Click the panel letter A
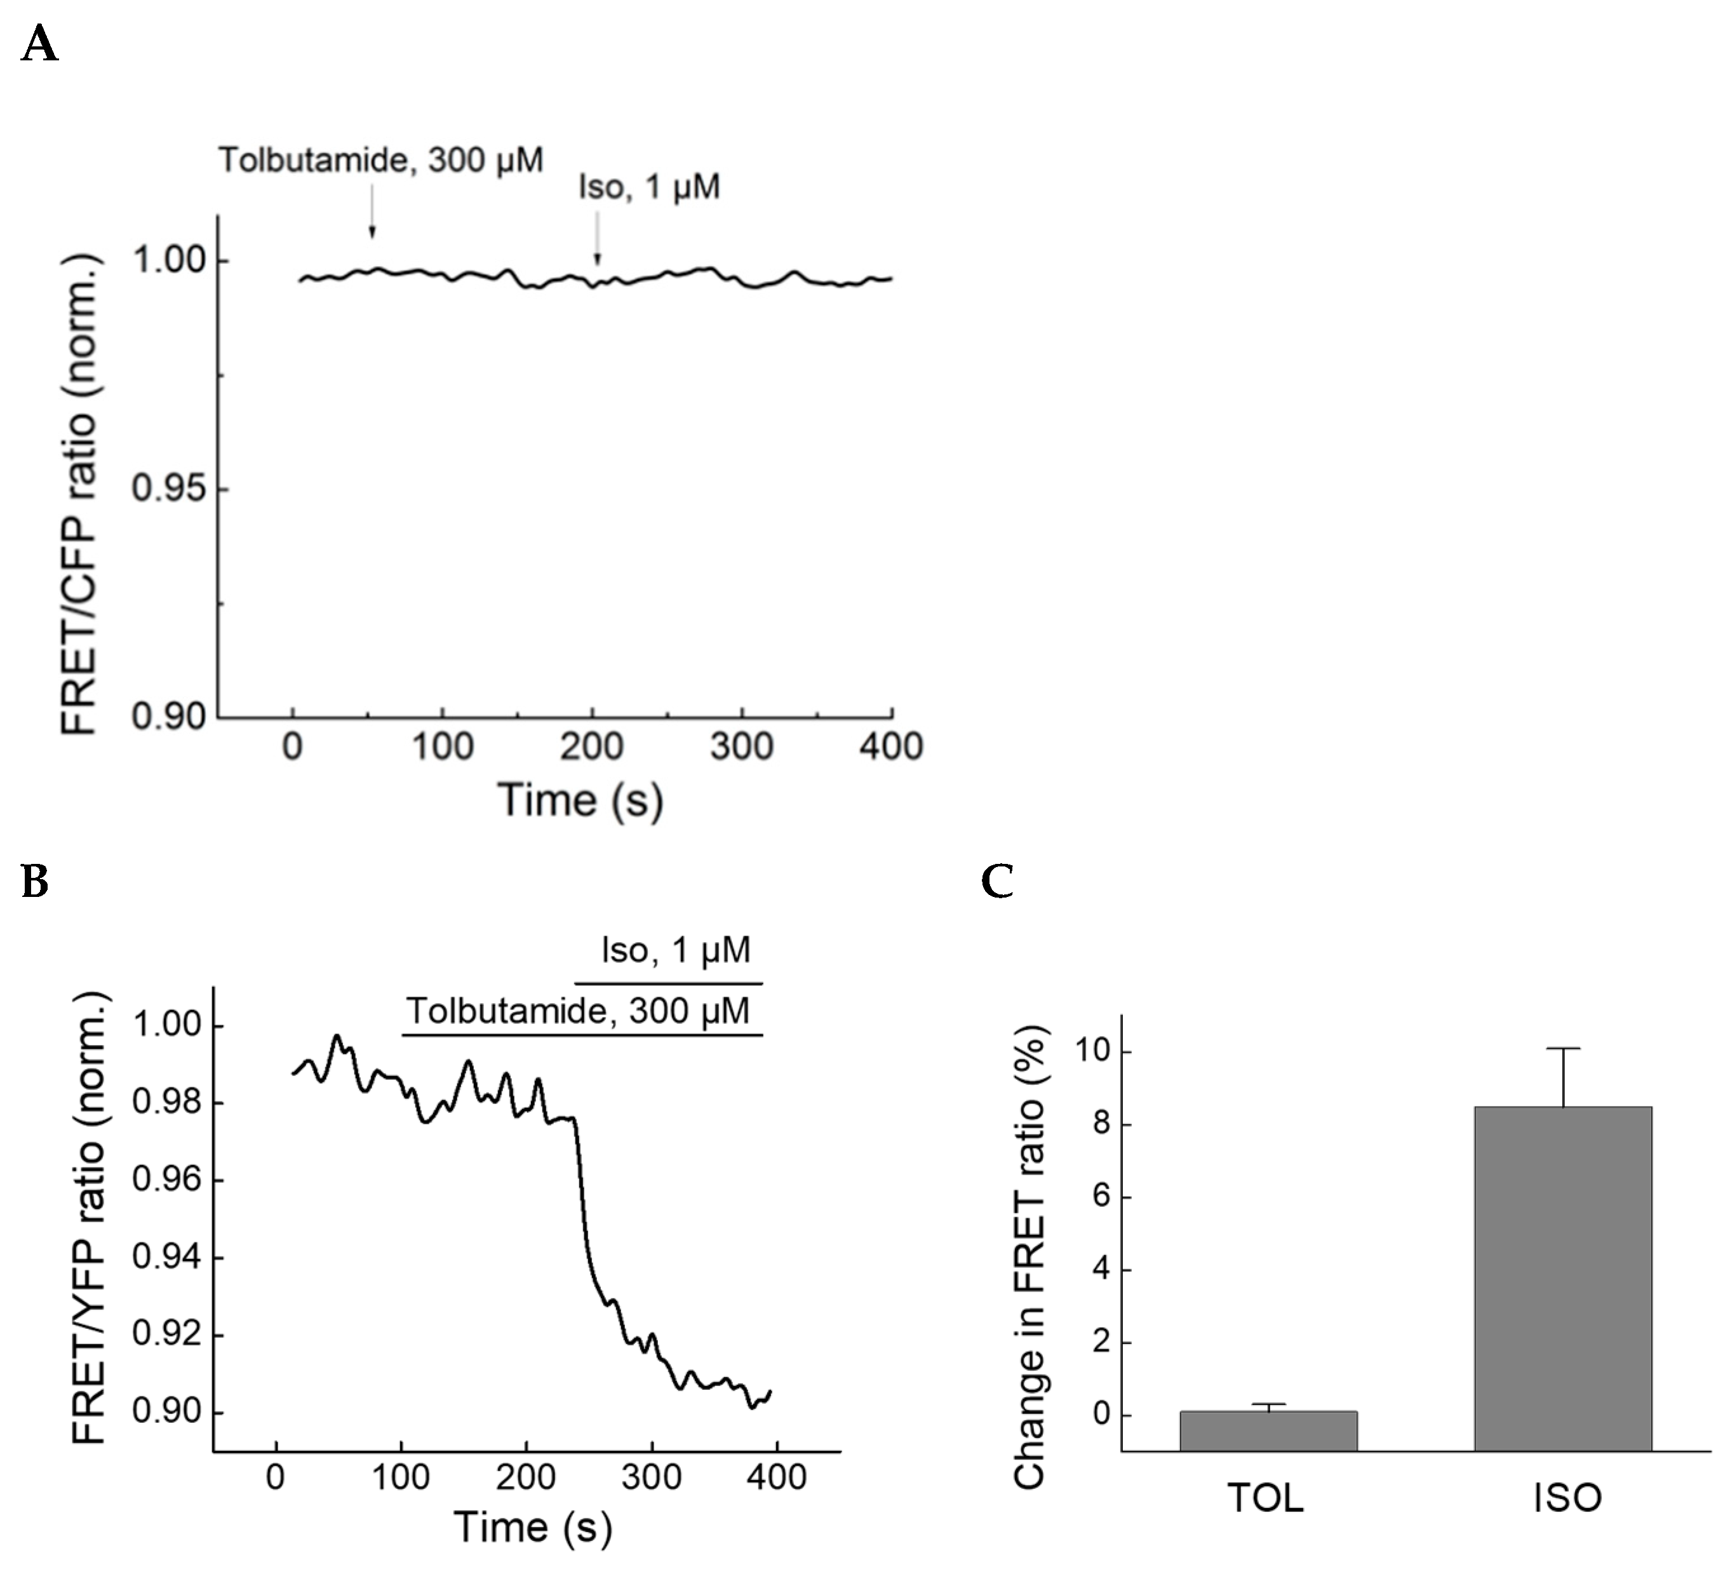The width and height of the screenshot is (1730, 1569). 39,43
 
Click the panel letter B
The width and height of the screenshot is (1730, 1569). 34,880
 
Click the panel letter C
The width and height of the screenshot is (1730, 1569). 997,880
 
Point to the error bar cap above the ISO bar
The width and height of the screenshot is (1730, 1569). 1564,1049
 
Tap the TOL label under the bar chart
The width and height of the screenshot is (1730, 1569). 1266,1498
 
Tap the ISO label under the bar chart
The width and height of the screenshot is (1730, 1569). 1567,1498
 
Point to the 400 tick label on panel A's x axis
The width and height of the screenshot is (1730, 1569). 891,746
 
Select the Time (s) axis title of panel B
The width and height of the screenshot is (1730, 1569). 533,1527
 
